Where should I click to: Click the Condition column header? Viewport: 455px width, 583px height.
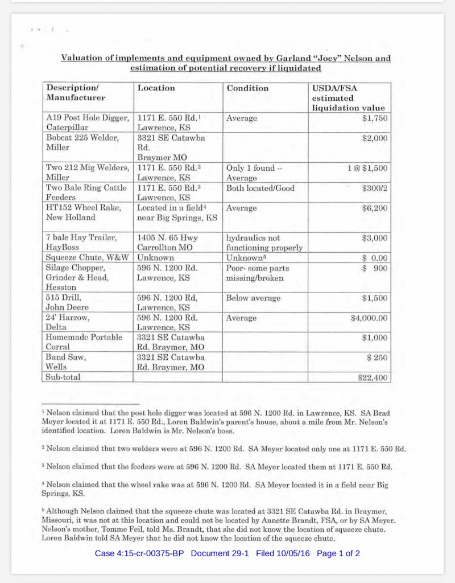pyautogui.click(x=247, y=88)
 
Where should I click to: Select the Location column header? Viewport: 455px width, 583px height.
pyautogui.click(x=156, y=88)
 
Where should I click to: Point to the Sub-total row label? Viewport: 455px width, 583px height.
pyautogui.click(x=63, y=377)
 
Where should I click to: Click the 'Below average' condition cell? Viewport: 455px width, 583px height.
pyautogui.click(x=253, y=298)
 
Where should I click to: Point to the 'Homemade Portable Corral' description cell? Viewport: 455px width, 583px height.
pyautogui.click(x=84, y=342)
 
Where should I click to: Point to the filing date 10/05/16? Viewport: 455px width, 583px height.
pyautogui.click(x=293, y=553)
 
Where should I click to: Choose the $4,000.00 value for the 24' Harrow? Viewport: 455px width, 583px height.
pyautogui.click(x=369, y=318)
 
